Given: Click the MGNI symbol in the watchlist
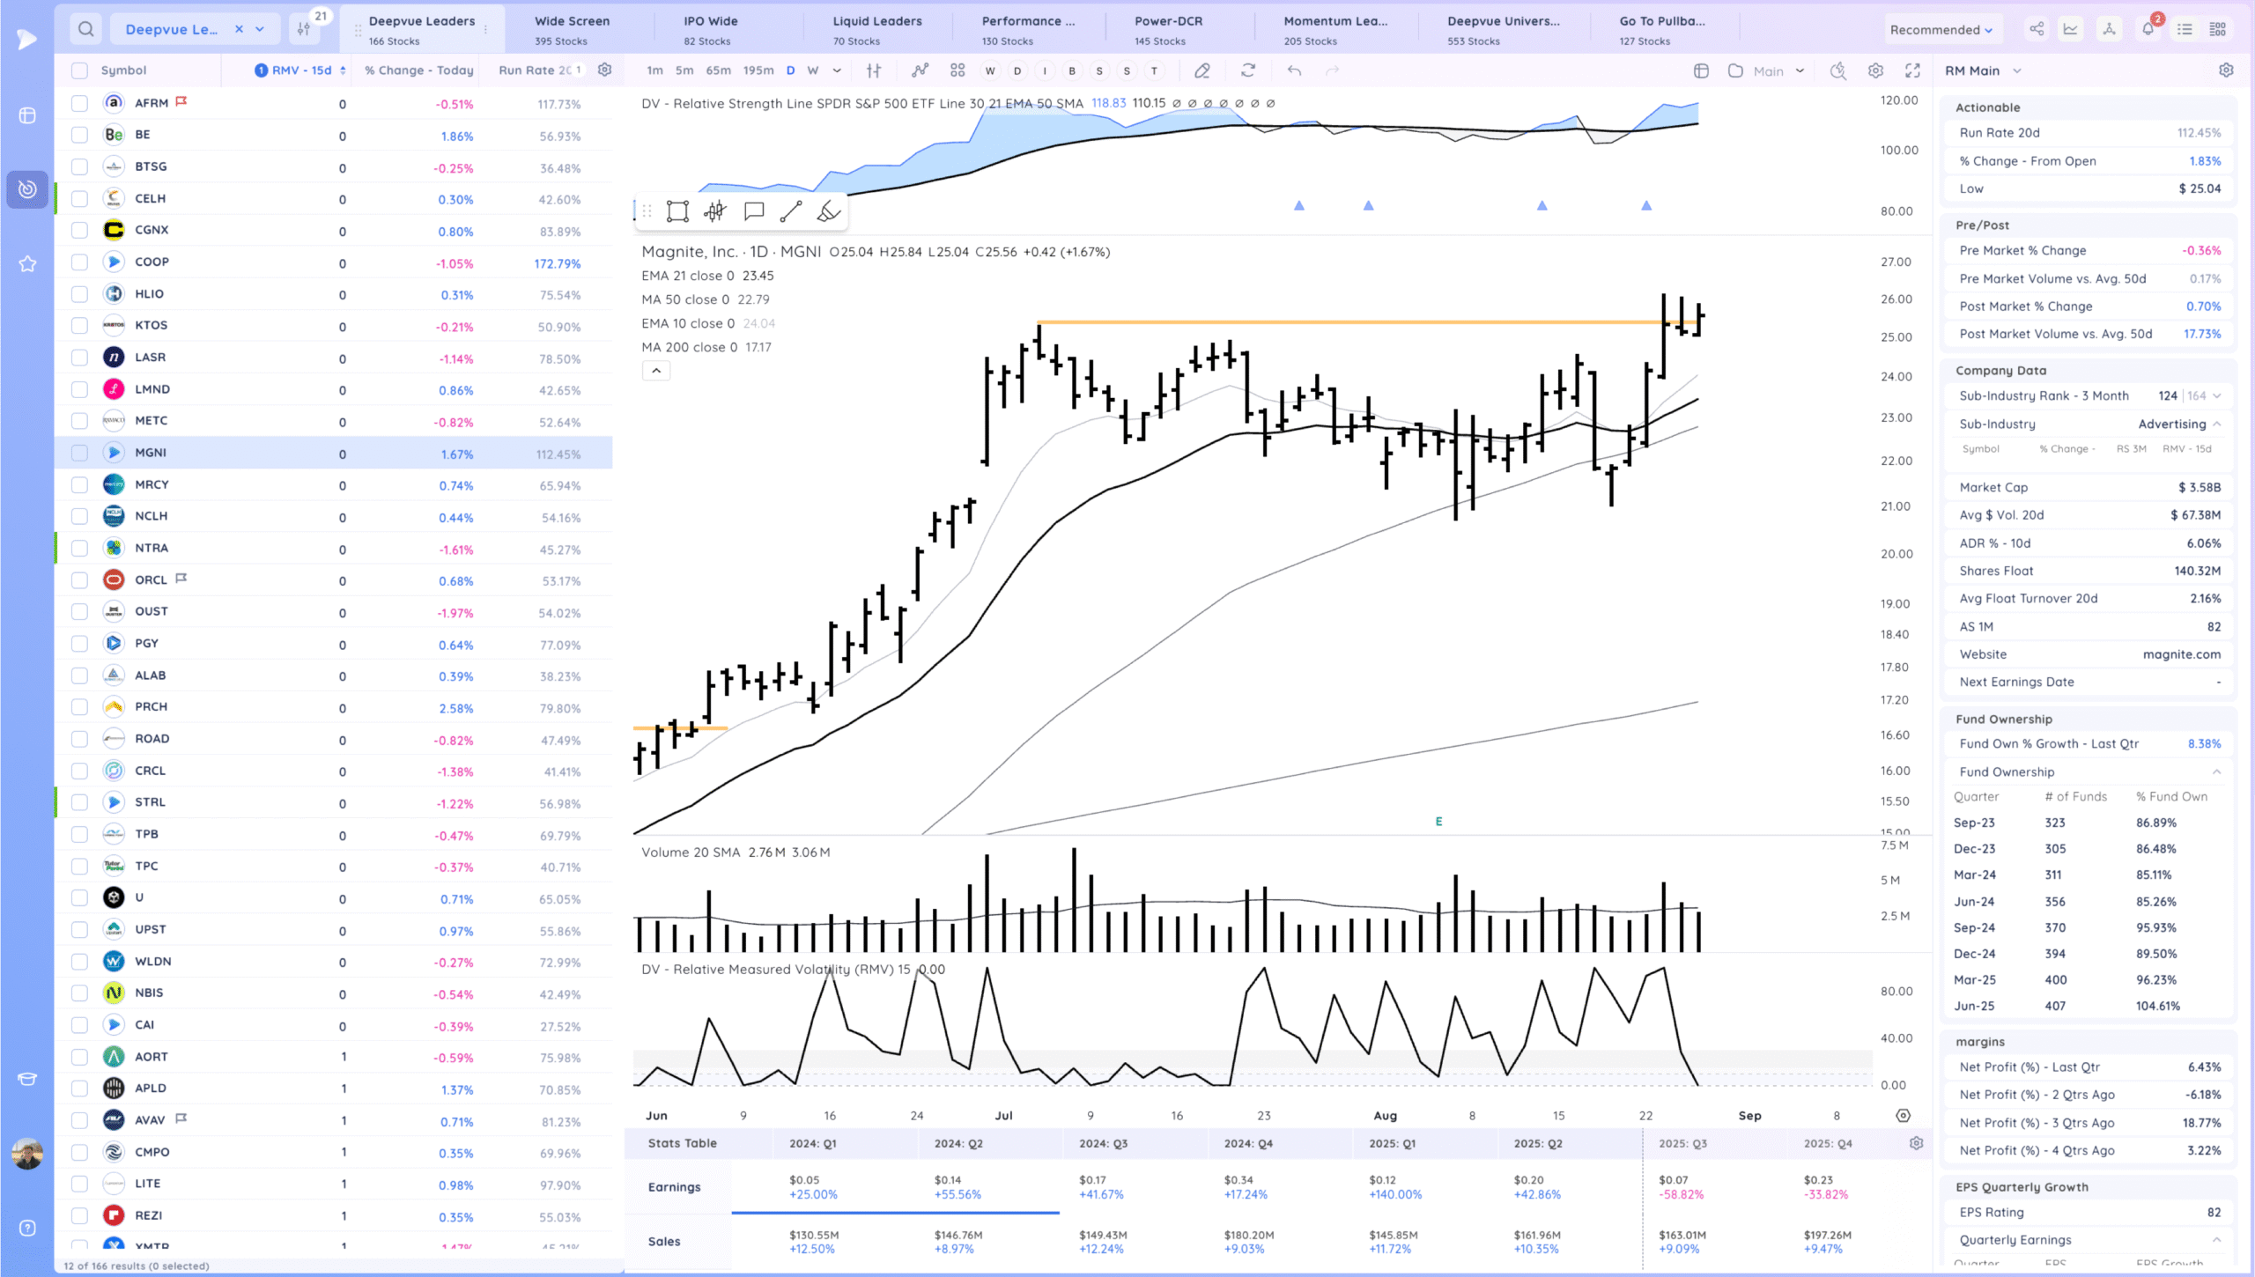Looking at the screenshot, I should [151, 453].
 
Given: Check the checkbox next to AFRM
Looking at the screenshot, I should [79, 103].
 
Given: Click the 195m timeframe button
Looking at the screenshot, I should [758, 70].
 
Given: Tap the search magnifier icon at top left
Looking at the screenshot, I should [85, 29].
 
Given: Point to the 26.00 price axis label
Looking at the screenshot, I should [1896, 299].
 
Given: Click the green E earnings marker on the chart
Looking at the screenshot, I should [1438, 821].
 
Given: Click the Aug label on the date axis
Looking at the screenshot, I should [1385, 1116].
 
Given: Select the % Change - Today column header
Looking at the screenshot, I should [418, 70].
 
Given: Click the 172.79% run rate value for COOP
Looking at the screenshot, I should [557, 263].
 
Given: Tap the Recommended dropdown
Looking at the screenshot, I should [1941, 30].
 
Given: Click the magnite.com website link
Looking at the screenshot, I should [2181, 654].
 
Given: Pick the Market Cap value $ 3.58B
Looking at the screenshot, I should [2199, 487].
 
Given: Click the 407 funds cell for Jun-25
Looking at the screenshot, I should [2054, 1006].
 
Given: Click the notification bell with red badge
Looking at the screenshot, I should [2148, 29].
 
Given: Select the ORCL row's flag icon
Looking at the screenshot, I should [181, 579].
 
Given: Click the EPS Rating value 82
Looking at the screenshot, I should [2214, 1213].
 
